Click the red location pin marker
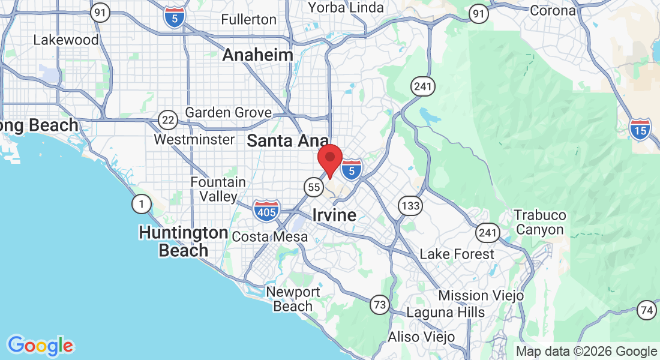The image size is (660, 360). [x=329, y=159]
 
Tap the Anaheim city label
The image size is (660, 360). [x=257, y=55]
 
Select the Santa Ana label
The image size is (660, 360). [x=287, y=142]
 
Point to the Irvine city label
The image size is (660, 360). [x=334, y=215]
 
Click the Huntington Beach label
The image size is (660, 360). [x=183, y=241]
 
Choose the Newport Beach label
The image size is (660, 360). [x=293, y=299]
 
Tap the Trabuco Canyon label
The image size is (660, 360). [x=540, y=222]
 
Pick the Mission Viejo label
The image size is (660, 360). [x=481, y=295]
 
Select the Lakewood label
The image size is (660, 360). [x=66, y=40]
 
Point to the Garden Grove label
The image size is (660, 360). [x=228, y=113]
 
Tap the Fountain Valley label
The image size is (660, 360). [x=218, y=189]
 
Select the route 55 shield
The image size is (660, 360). [x=313, y=187]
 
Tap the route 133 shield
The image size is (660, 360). [x=410, y=206]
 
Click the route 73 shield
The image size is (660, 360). [x=379, y=304]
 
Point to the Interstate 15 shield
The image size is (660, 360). [x=640, y=129]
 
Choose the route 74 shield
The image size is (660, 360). [x=647, y=310]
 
